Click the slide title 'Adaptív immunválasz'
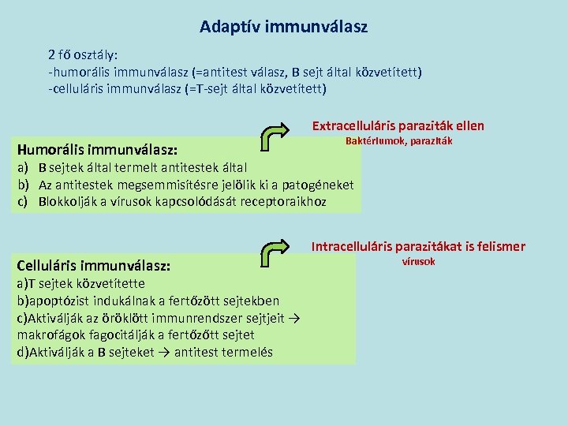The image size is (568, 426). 283,27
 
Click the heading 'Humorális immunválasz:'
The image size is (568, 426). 97,148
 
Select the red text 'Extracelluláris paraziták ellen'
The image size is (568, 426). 398,125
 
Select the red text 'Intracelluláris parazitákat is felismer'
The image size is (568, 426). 417,246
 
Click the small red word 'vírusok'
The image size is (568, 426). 418,261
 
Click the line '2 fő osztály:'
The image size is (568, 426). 83,55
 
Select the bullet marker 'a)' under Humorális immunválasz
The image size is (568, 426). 24,167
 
